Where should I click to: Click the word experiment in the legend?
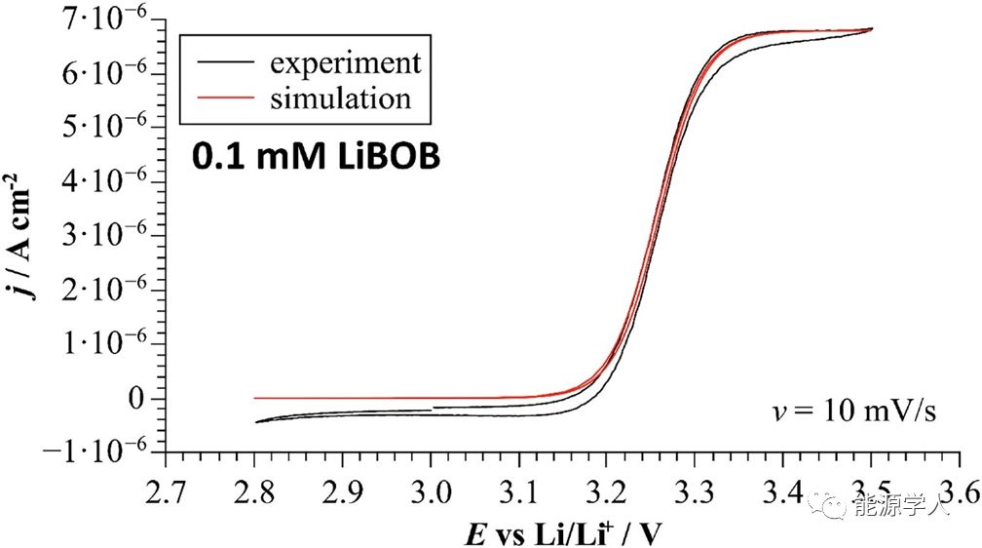(x=346, y=63)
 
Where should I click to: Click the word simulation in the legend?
(x=340, y=98)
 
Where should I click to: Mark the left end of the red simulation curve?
(x=255, y=398)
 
